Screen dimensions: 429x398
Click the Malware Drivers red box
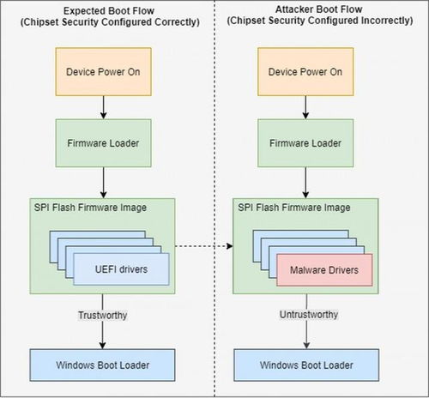pyautogui.click(x=324, y=269)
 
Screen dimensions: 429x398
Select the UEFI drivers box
pyautogui.click(x=121, y=269)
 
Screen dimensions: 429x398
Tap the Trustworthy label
pyautogui.click(x=103, y=315)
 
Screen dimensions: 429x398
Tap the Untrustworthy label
pyautogui.click(x=309, y=315)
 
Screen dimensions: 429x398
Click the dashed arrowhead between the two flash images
pyautogui.click(x=230, y=246)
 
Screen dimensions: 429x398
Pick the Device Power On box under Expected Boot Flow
pyautogui.click(x=103, y=72)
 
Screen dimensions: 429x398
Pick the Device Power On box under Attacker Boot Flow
pyautogui.click(x=305, y=72)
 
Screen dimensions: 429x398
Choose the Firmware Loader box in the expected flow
pyautogui.click(x=103, y=143)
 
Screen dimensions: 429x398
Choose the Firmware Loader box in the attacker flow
pyautogui.click(x=305, y=143)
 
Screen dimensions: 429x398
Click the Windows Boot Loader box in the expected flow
pyautogui.click(x=102, y=365)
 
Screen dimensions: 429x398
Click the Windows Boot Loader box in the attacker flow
pyautogui.click(x=306, y=365)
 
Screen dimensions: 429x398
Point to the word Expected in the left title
pyautogui.click(x=82, y=11)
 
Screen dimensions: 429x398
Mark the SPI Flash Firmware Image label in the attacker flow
pyautogui.click(x=294, y=208)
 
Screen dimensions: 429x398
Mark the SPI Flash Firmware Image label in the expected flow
pyautogui.click(x=90, y=208)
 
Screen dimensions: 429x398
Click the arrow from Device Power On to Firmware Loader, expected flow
pyautogui.click(x=104, y=107)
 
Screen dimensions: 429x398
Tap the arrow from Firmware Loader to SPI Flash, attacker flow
pyautogui.click(x=305, y=183)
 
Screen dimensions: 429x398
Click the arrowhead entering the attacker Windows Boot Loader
pyautogui.click(x=306, y=345)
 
